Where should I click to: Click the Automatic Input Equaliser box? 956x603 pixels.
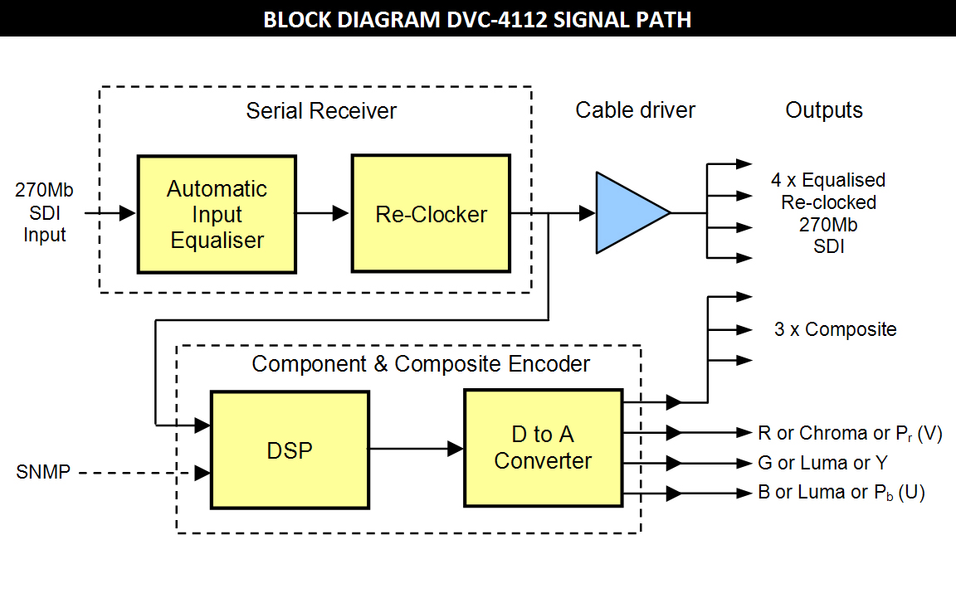(x=217, y=214)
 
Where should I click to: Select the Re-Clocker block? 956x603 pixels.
(x=431, y=214)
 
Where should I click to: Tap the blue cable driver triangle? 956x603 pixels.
(x=627, y=213)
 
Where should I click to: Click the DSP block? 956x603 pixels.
(x=290, y=450)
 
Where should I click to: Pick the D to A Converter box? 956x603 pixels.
(x=543, y=448)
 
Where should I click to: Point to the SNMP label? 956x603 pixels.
(x=43, y=474)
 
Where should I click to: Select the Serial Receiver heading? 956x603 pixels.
(x=321, y=111)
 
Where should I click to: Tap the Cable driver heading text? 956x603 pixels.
(x=635, y=110)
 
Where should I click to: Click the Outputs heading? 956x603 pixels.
(x=824, y=110)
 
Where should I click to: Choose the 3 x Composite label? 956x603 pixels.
(x=835, y=329)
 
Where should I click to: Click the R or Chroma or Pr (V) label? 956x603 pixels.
(x=850, y=433)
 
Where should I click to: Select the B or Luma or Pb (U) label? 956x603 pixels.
(x=841, y=493)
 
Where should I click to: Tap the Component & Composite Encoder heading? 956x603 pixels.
(x=421, y=364)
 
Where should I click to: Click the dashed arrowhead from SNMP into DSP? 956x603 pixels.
(x=202, y=474)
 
